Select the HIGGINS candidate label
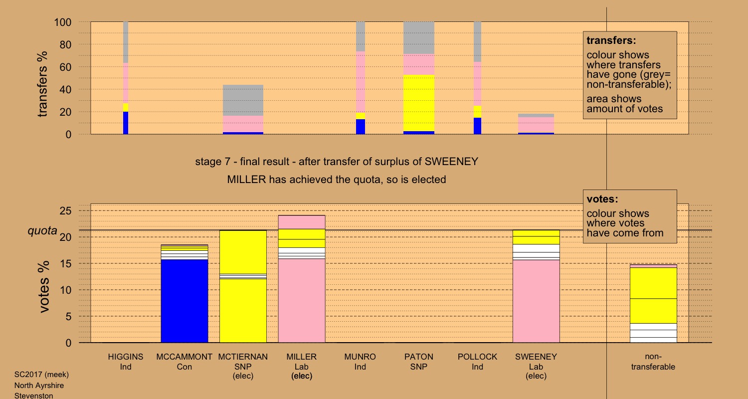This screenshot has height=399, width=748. pos(126,357)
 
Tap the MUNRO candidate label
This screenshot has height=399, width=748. pos(360,357)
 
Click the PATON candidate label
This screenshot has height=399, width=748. pos(419,357)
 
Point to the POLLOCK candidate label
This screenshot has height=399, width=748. pos(477,357)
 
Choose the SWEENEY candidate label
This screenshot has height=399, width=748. pos(536,357)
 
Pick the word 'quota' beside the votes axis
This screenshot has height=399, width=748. pos(42,231)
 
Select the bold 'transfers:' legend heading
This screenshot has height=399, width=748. pos(611,40)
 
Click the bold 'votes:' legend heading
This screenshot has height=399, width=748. pos(602,199)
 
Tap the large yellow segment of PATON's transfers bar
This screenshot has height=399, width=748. pos(419,103)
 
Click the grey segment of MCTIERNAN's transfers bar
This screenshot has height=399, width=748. pos(243,100)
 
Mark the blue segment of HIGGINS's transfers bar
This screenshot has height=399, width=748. pos(126,123)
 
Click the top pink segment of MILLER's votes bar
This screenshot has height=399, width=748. pos(302,222)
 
